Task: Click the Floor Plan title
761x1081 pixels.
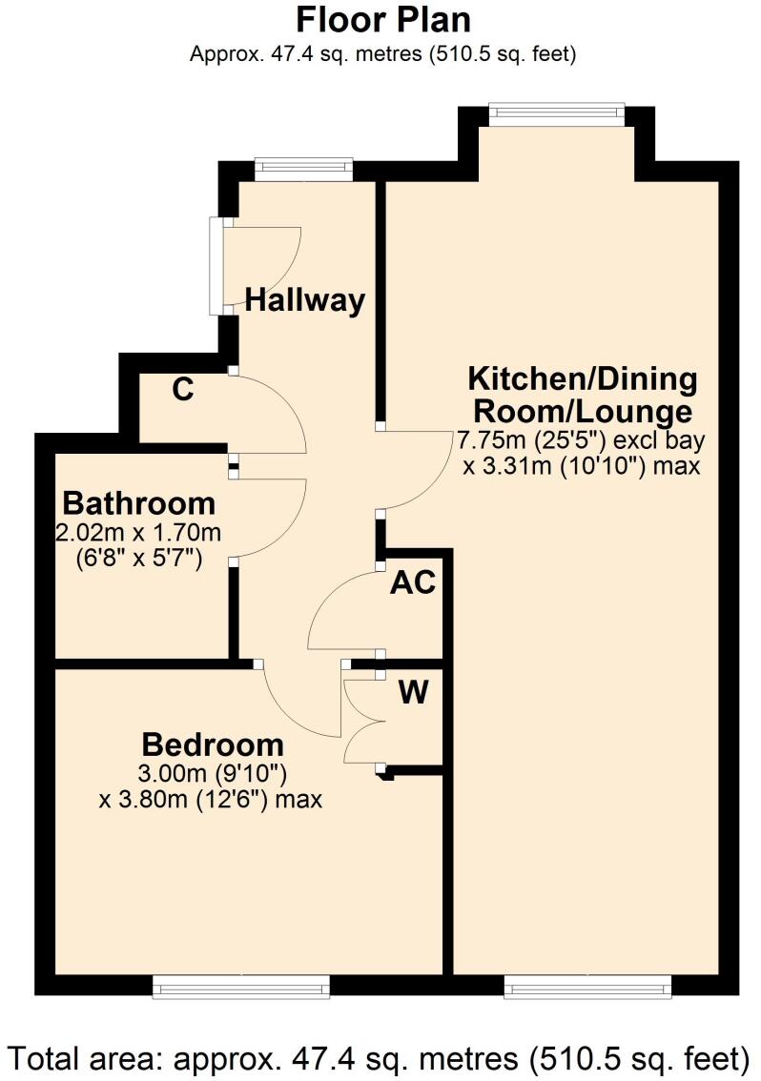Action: [x=383, y=20]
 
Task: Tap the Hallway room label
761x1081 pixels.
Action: [x=305, y=300]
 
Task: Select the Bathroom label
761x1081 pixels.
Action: [x=139, y=502]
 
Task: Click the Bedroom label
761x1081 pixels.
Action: [x=213, y=744]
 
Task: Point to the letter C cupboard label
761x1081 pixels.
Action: [x=184, y=389]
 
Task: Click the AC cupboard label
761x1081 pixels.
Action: [x=413, y=582]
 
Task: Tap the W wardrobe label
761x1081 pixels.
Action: [x=413, y=693]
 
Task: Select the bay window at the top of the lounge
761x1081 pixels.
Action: [x=557, y=113]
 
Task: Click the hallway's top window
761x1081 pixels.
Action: [x=303, y=170]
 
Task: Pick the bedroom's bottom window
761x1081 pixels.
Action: [x=241, y=987]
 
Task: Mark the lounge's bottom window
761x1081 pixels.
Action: [x=587, y=987]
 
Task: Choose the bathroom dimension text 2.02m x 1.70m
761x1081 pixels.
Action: [x=139, y=530]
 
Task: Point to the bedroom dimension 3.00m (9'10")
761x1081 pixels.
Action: [x=213, y=772]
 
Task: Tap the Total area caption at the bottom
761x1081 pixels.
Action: [x=380, y=1057]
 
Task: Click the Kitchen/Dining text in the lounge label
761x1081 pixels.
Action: [x=583, y=378]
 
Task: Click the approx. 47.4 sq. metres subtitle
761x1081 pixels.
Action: [x=383, y=54]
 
